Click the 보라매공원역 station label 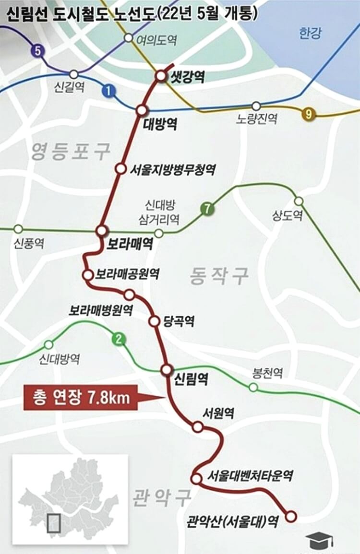click(127, 274)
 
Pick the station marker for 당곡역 click(154, 321)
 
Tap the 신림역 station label click(191, 381)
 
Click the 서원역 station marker click(197, 426)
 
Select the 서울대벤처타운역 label click(250, 476)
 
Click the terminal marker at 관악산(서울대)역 click(290, 516)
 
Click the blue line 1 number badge click(109, 91)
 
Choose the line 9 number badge click(309, 114)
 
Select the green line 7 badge click(207, 209)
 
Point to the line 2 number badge click(119, 340)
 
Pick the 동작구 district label click(219, 276)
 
